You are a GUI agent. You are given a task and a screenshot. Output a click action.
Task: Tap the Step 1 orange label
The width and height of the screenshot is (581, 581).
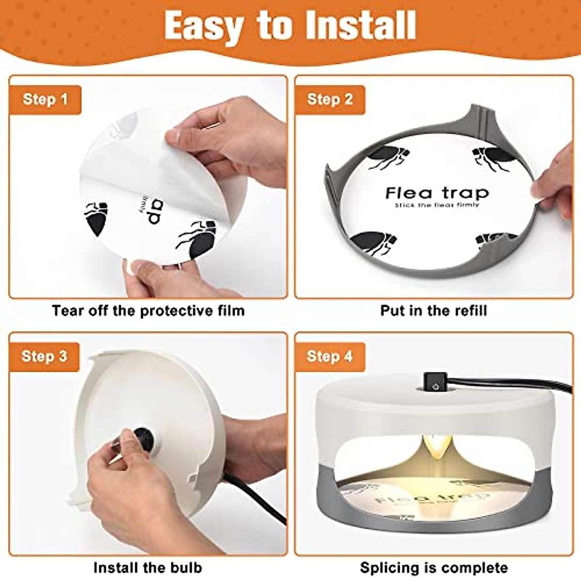pos(45,99)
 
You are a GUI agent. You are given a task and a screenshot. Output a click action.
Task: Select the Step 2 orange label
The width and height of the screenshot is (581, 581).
pos(330,99)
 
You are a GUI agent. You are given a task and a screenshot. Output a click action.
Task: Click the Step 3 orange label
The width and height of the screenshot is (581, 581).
pos(44,356)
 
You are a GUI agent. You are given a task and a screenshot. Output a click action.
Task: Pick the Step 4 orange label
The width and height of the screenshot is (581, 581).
pos(330,357)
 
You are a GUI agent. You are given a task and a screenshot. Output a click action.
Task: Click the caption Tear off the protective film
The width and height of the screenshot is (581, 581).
pos(148,310)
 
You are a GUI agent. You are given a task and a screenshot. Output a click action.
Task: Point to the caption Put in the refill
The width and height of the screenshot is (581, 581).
pos(433,310)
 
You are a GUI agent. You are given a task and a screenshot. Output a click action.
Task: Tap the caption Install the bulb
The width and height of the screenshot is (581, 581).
pos(148,567)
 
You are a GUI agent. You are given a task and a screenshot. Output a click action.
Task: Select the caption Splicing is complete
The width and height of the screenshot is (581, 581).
pos(434,567)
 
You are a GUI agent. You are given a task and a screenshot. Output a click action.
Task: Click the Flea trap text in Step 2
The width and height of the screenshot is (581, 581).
pos(437,193)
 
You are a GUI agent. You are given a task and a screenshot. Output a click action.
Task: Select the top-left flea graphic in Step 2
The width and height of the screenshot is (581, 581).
pos(387,157)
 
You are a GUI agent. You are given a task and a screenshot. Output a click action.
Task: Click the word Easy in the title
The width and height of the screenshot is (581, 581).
pos(203,25)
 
